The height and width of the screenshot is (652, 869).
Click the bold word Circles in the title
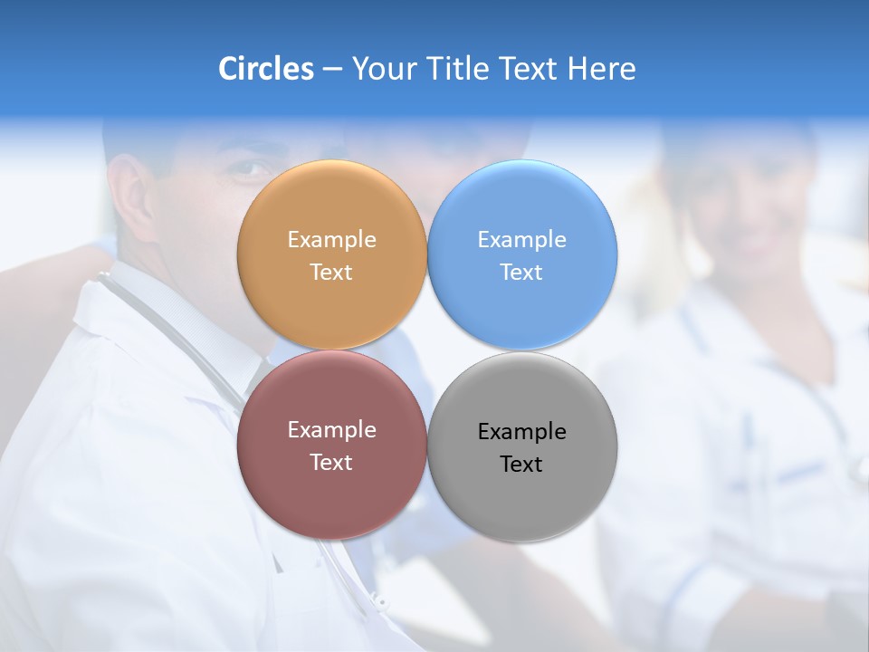(x=265, y=69)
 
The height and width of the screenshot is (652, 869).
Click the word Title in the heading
(x=458, y=69)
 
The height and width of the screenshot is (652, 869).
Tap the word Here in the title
(x=601, y=69)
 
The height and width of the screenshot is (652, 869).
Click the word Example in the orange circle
(x=331, y=240)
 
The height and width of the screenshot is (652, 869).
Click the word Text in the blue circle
(x=521, y=273)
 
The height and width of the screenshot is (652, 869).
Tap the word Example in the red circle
(x=331, y=430)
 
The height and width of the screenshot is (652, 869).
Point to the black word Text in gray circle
(x=521, y=465)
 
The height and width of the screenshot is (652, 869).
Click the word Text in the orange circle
(x=331, y=273)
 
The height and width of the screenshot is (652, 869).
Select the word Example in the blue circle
(x=521, y=240)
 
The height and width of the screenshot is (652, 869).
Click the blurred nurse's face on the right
(x=742, y=208)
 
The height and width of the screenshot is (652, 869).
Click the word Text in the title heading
(x=530, y=69)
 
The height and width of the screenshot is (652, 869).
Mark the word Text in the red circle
(x=331, y=463)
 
